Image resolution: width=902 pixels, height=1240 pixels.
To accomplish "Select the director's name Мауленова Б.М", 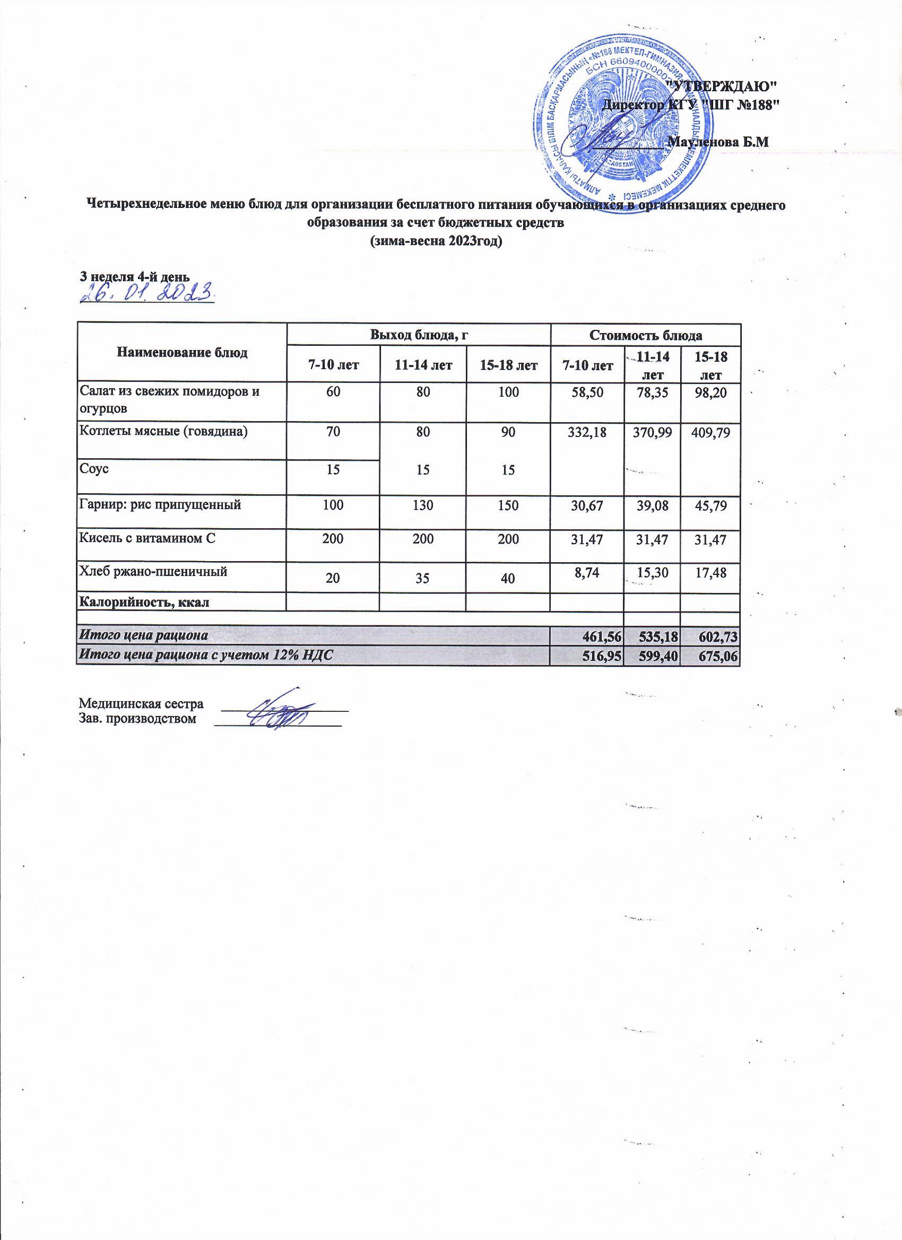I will point(719,143).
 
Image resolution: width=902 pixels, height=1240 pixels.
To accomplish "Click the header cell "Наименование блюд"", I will point(181,353).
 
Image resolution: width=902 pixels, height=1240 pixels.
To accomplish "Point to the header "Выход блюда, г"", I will point(419,335).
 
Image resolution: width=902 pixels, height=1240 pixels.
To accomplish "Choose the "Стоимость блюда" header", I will point(645,335).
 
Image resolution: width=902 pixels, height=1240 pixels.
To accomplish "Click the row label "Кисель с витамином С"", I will point(148,538).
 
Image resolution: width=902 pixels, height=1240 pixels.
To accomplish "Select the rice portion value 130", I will point(422,504).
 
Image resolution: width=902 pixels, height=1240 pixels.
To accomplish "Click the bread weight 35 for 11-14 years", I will point(422,578).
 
